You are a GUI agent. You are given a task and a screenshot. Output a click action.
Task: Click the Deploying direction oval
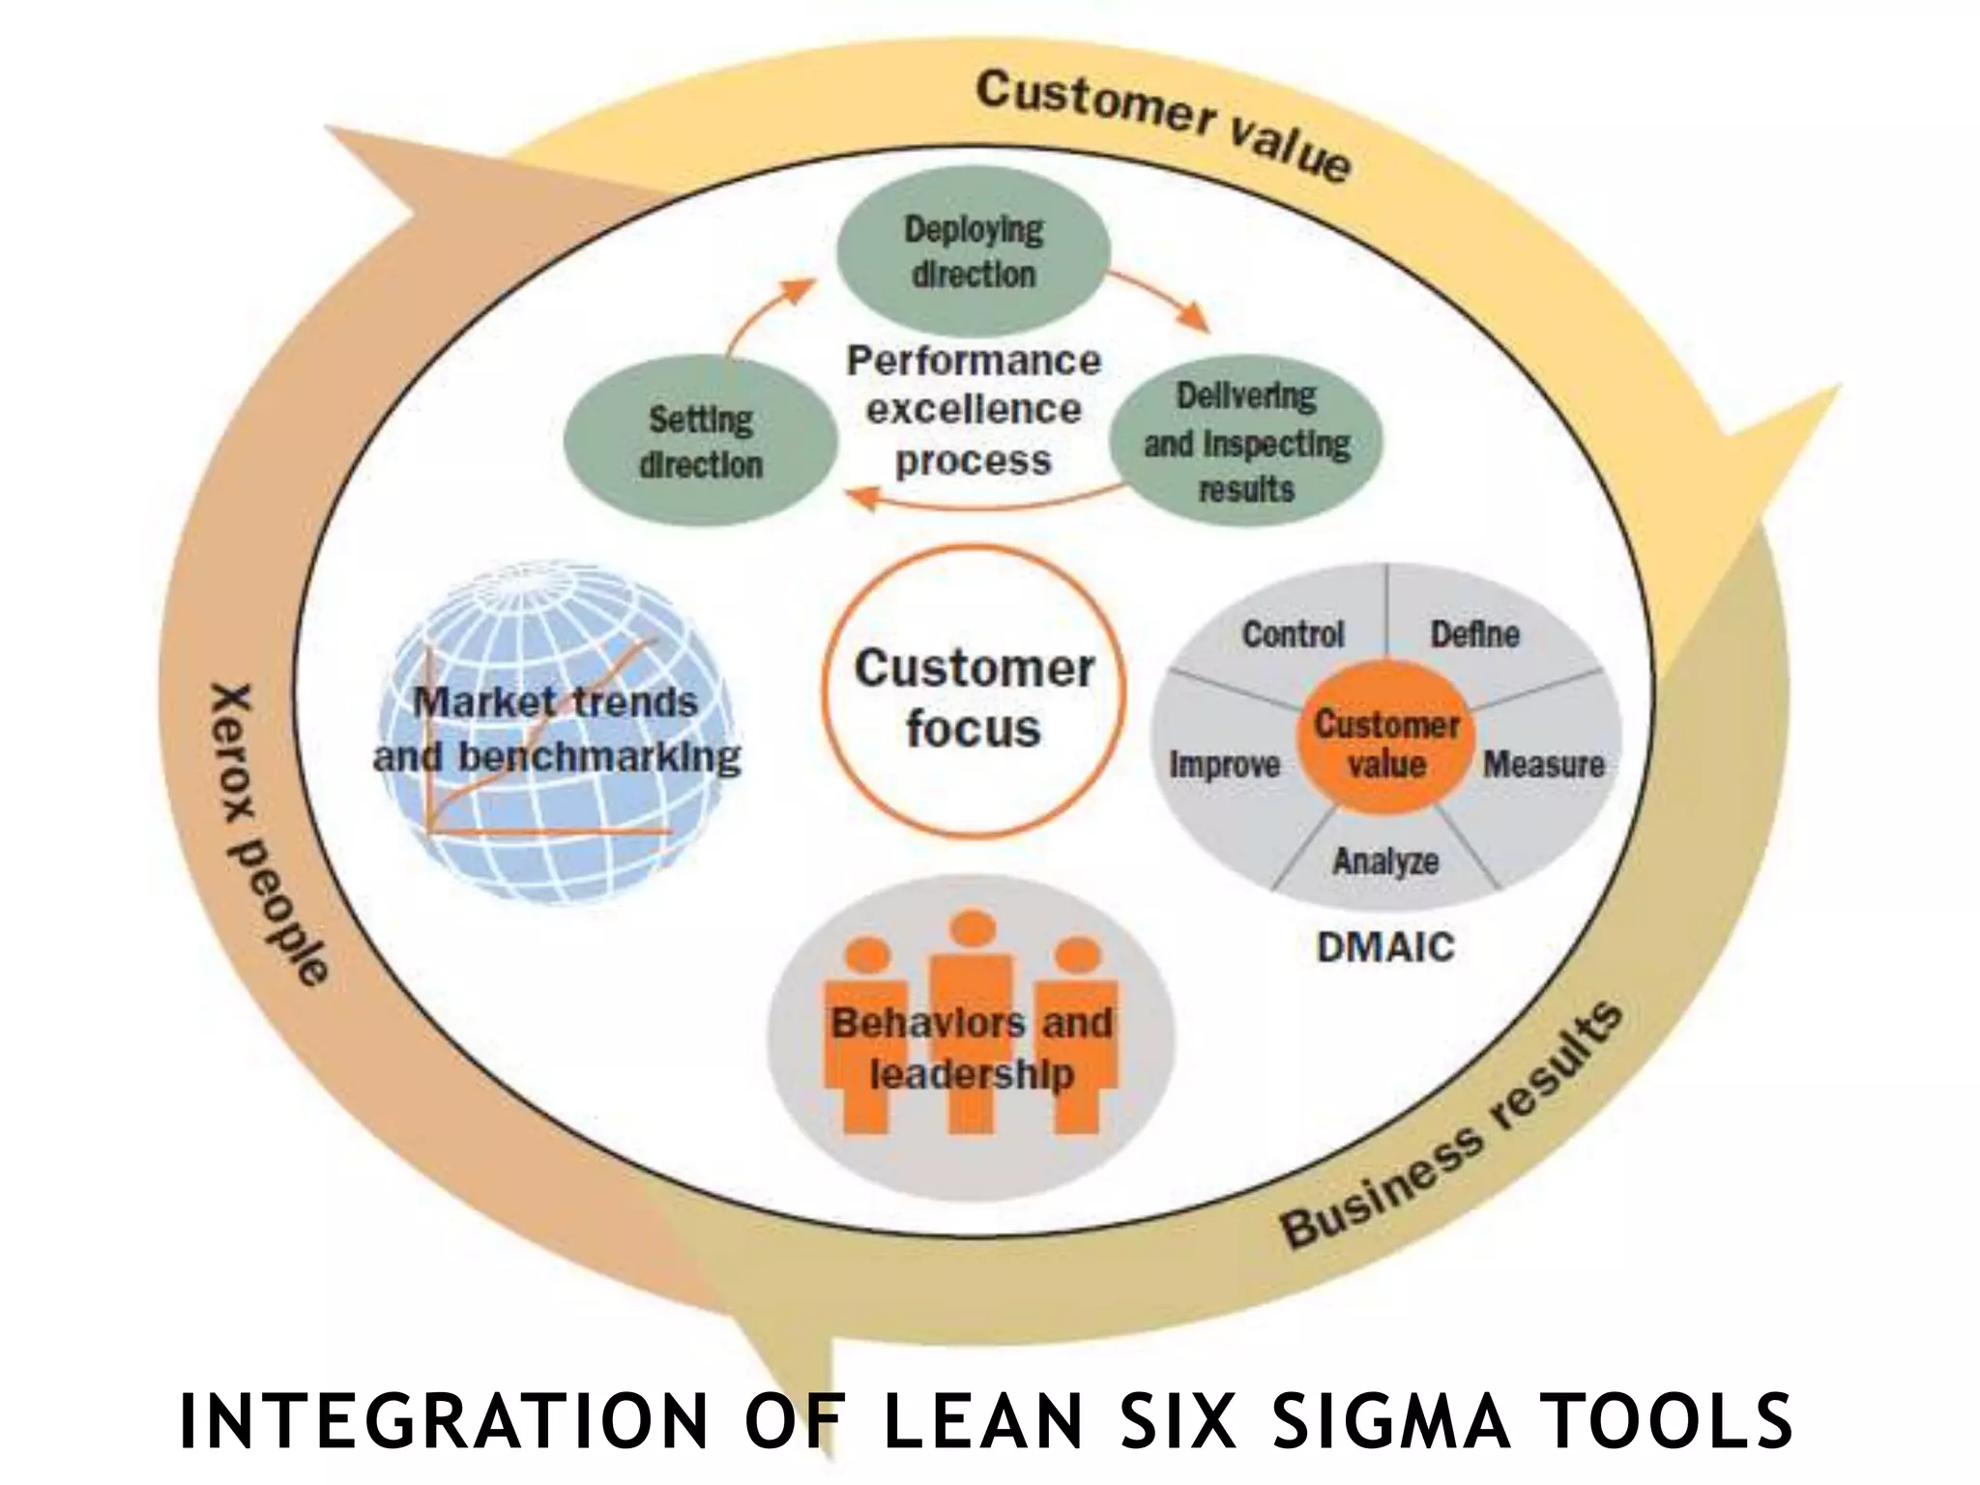[x=973, y=251]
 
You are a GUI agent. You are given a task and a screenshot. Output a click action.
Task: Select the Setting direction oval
[x=701, y=442]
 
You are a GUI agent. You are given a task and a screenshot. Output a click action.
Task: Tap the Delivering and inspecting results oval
[x=1246, y=442]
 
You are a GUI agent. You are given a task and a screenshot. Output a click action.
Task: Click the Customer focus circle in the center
[x=973, y=696]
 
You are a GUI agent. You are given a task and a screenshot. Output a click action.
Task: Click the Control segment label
[x=1293, y=635]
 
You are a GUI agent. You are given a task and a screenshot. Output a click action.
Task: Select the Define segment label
[x=1474, y=635]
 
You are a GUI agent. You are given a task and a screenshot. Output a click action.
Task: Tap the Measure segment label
[x=1543, y=765]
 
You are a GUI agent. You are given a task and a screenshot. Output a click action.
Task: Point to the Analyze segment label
[x=1385, y=860]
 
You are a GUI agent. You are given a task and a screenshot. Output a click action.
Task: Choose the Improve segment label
[x=1224, y=765]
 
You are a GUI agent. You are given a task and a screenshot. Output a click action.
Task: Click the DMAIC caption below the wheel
[x=1385, y=947]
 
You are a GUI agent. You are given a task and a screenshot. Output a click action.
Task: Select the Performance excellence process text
[x=973, y=410]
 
